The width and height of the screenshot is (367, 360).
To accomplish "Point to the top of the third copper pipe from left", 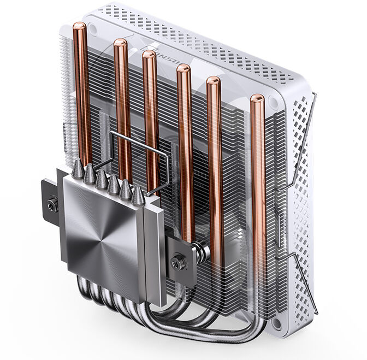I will pyautogui.click(x=149, y=56).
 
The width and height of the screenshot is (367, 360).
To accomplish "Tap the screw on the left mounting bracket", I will pyautogui.click(x=52, y=205).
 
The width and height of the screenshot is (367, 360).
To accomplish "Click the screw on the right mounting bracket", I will pyautogui.click(x=177, y=263).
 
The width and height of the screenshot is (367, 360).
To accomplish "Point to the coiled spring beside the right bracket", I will pyautogui.click(x=203, y=253).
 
